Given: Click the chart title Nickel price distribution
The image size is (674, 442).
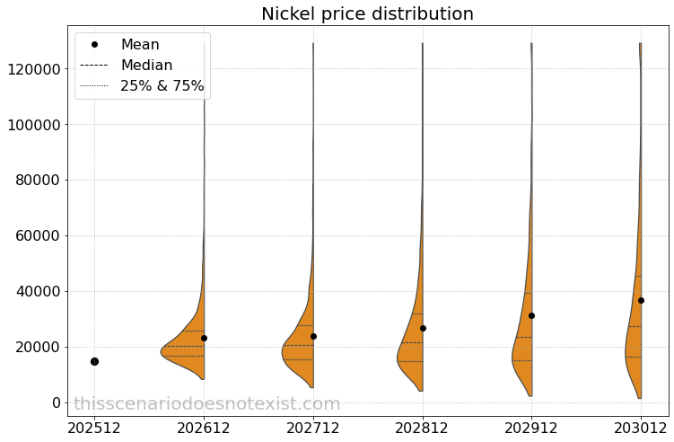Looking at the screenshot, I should coord(367,14).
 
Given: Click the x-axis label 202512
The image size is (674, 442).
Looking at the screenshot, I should coord(95,429).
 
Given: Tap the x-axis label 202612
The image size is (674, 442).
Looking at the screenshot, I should coord(204,429).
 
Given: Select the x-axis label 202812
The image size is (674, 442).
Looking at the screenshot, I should coord(423,429).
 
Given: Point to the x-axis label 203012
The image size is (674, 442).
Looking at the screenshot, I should coord(641,429).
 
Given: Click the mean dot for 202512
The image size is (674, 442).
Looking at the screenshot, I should coord(94,361).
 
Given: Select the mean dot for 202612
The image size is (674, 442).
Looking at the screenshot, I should coord(204,338).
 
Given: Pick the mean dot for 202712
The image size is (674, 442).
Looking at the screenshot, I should coord(313,336).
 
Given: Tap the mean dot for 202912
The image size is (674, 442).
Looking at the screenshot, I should coord(531,315).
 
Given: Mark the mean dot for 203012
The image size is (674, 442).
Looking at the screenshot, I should coord(641,300).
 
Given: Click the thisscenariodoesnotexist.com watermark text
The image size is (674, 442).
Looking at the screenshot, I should coord(206,404).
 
